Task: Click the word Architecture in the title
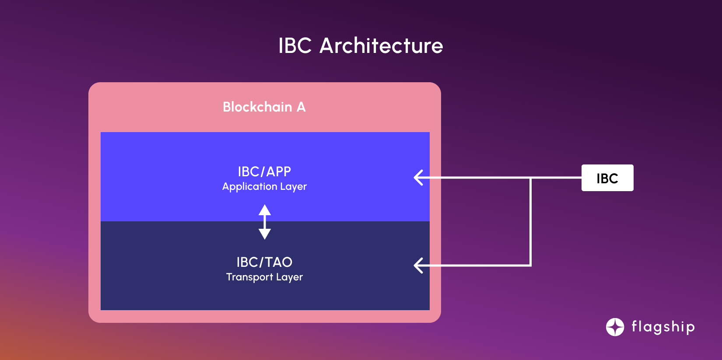pyautogui.click(x=381, y=45)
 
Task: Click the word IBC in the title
pyautogui.click(x=295, y=45)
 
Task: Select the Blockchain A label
pyautogui.click(x=264, y=107)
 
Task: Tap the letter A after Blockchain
pyautogui.click(x=301, y=107)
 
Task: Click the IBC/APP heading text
pyautogui.click(x=264, y=171)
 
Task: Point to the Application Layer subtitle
pyautogui.click(x=264, y=186)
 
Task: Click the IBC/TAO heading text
pyautogui.click(x=264, y=262)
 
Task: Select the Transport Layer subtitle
pyautogui.click(x=264, y=277)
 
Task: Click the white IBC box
pyautogui.click(x=607, y=178)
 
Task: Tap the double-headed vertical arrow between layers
pyautogui.click(x=265, y=222)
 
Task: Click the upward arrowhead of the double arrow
pyautogui.click(x=265, y=210)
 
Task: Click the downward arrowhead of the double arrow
pyautogui.click(x=265, y=234)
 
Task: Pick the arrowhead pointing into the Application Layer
pyautogui.click(x=418, y=178)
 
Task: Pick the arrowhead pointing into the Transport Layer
pyautogui.click(x=418, y=265)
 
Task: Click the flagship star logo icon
pyautogui.click(x=615, y=327)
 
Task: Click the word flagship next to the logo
pyautogui.click(x=663, y=327)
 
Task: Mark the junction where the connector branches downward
pyautogui.click(x=530, y=178)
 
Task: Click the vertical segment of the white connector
pyautogui.click(x=530, y=221)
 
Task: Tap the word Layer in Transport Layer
pyautogui.click(x=289, y=277)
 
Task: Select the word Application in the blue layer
pyautogui.click(x=249, y=186)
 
